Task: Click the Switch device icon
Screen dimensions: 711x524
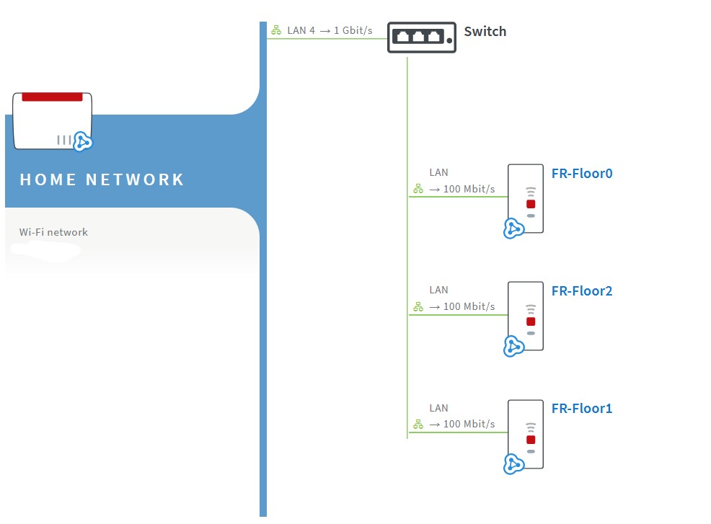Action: click(x=422, y=37)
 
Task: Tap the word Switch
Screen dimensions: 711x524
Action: click(x=485, y=31)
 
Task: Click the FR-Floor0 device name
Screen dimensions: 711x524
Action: click(x=582, y=173)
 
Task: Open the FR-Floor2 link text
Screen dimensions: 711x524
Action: click(x=582, y=290)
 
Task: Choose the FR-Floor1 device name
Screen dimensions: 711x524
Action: click(x=582, y=409)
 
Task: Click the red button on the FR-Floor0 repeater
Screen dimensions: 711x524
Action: click(x=531, y=204)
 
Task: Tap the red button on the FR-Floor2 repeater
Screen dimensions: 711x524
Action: click(x=531, y=321)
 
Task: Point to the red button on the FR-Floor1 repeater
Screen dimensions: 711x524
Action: click(x=531, y=440)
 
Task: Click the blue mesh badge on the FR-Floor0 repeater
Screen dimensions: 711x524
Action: click(x=513, y=228)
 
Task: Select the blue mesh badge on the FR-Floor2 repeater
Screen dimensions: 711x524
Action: click(x=513, y=346)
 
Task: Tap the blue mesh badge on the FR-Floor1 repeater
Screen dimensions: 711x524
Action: click(x=513, y=464)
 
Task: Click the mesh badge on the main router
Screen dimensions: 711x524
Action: click(x=82, y=142)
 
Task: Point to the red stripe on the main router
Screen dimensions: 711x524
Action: click(x=52, y=97)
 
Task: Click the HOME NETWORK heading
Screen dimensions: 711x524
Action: click(x=102, y=179)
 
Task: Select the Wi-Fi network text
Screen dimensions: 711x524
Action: click(x=53, y=232)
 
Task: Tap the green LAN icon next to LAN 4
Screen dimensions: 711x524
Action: click(x=276, y=30)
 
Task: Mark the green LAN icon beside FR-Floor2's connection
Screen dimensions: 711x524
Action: click(x=418, y=307)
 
